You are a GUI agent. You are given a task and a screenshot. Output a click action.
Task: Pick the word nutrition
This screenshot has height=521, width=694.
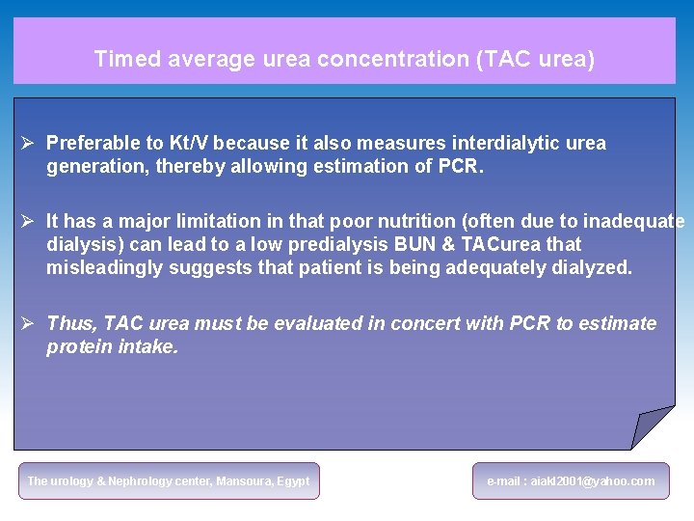pyautogui.click(x=384, y=222)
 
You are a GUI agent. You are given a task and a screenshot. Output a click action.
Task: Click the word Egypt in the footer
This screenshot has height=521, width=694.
pyautogui.click(x=294, y=480)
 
